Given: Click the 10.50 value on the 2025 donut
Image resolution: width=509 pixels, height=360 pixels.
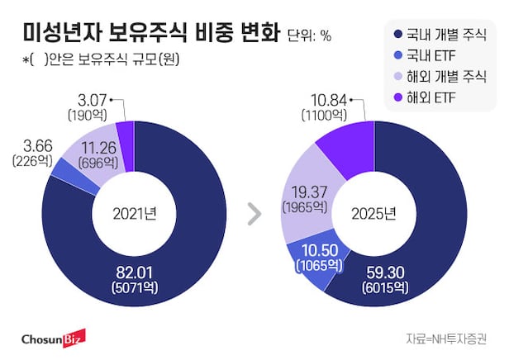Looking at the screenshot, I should click(317, 250).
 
